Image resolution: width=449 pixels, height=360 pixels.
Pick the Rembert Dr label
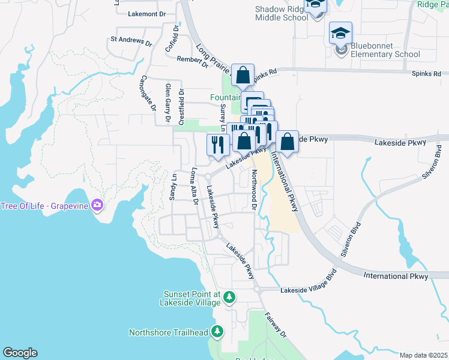[x=192, y=59]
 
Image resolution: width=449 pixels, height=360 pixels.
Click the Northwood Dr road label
[x=254, y=190]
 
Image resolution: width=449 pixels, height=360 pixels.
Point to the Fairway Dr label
[x=277, y=325]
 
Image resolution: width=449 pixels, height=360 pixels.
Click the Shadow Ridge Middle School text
[x=282, y=14]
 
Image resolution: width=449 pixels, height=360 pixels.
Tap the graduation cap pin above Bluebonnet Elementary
[x=340, y=33]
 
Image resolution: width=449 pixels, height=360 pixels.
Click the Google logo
[x=20, y=353]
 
